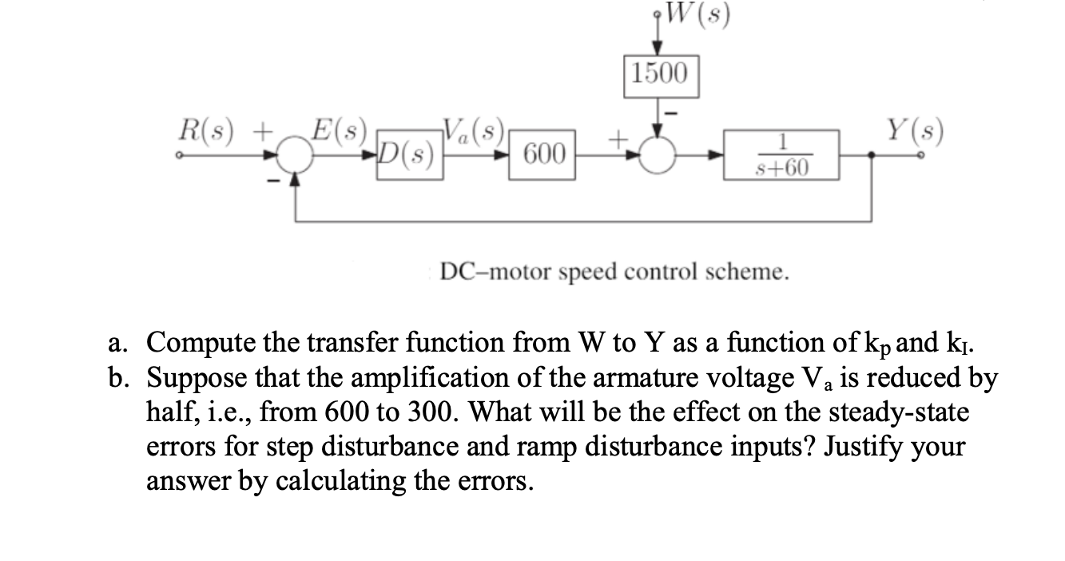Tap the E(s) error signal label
coord(339,127)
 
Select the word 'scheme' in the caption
coord(750,273)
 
